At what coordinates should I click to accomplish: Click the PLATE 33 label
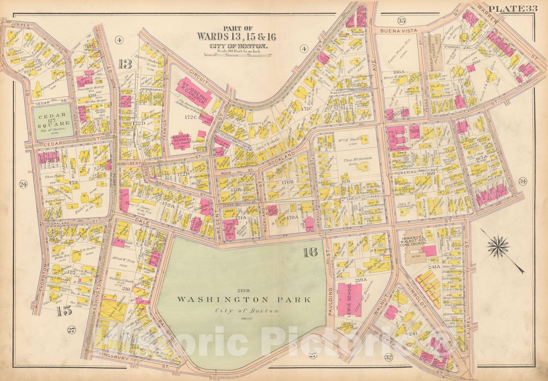pos(518,9)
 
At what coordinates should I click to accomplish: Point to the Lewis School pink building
pos(350,298)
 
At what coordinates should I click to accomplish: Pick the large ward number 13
pos(125,63)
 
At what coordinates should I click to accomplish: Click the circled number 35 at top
pos(401,21)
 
